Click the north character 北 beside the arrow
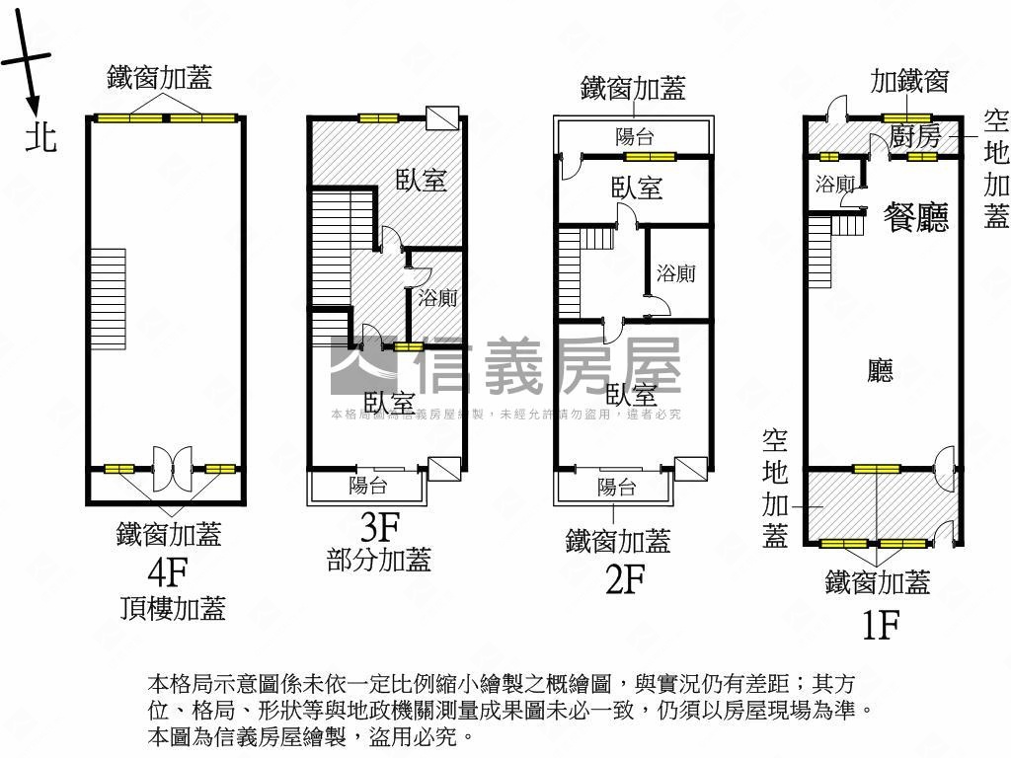pyautogui.click(x=40, y=136)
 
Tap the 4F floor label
pyautogui.click(x=167, y=570)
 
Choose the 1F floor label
pyautogui.click(x=878, y=624)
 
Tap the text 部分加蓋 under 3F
pyautogui.click(x=378, y=560)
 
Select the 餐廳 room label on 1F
pyautogui.click(x=916, y=216)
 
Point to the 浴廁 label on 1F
pyautogui.click(x=835, y=184)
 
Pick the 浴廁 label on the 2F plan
pyautogui.click(x=676, y=273)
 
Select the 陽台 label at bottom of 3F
pyautogui.click(x=368, y=486)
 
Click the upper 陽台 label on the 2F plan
pyautogui.click(x=634, y=137)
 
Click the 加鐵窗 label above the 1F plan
pyautogui.click(x=909, y=81)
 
